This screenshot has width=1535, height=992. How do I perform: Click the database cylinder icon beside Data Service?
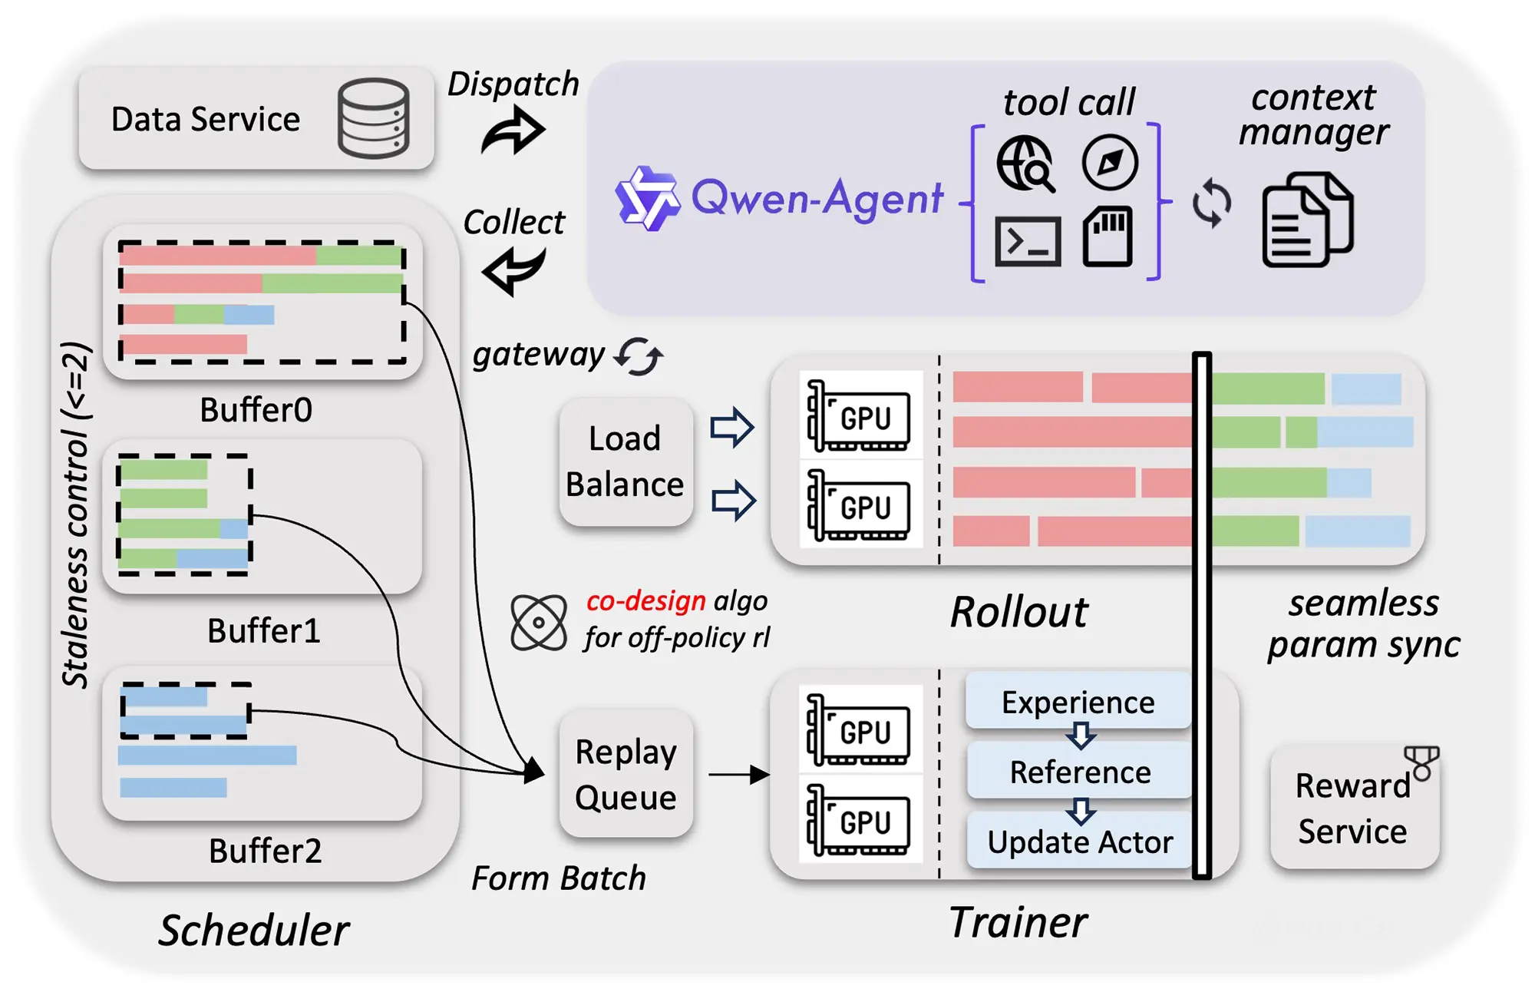pyautogui.click(x=373, y=118)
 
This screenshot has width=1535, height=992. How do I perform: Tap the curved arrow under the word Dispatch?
pyautogui.click(x=513, y=131)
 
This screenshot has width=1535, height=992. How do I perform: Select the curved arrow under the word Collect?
pyautogui.click(x=513, y=270)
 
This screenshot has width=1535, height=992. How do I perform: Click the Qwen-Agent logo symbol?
pyautogui.click(x=647, y=198)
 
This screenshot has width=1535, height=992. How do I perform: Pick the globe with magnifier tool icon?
pyautogui.click(x=1025, y=164)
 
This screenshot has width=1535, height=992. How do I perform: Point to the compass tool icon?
pyautogui.click(x=1110, y=162)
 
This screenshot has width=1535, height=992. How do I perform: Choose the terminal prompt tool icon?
pyautogui.click(x=1028, y=241)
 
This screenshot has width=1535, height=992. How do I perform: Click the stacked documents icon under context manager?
pyautogui.click(x=1307, y=220)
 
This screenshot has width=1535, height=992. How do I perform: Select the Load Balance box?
pyautogui.click(x=626, y=461)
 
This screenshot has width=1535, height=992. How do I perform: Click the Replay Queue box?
pyautogui.click(x=626, y=774)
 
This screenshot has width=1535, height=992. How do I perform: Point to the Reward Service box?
pyautogui.click(x=1353, y=808)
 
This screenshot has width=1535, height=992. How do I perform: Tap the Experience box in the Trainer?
pyautogui.click(x=1078, y=702)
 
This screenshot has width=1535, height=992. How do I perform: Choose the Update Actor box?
pyautogui.click(x=1079, y=842)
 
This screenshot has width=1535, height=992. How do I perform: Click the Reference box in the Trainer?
pyautogui.click(x=1079, y=772)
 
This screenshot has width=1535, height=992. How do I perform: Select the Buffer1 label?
pyautogui.click(x=263, y=630)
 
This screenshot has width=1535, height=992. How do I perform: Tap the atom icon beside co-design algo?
pyautogui.click(x=539, y=622)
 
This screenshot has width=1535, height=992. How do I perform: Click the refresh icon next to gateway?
pyautogui.click(x=639, y=356)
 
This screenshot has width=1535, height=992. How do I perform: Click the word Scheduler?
pyautogui.click(x=254, y=931)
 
